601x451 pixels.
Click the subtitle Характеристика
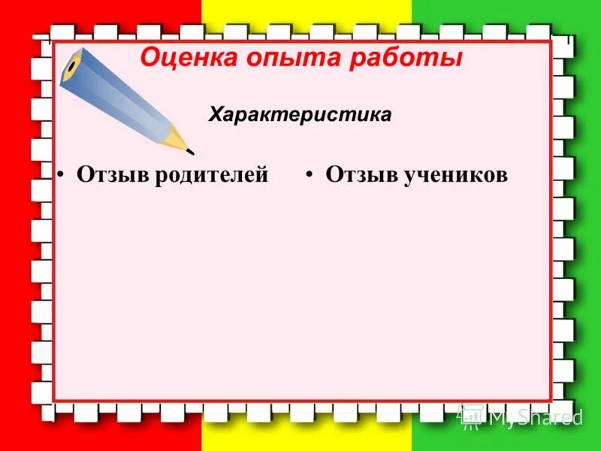(300, 115)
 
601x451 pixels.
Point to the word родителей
(213, 175)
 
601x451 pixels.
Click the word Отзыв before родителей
(114, 175)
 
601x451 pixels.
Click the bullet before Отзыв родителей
(62, 175)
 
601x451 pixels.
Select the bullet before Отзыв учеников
(310, 175)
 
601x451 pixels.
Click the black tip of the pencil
(190, 152)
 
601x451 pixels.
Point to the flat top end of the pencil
(71, 65)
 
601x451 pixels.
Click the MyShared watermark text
(535, 417)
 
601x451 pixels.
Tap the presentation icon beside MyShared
(472, 416)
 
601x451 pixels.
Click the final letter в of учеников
(501, 176)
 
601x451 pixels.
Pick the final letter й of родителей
(261, 175)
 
